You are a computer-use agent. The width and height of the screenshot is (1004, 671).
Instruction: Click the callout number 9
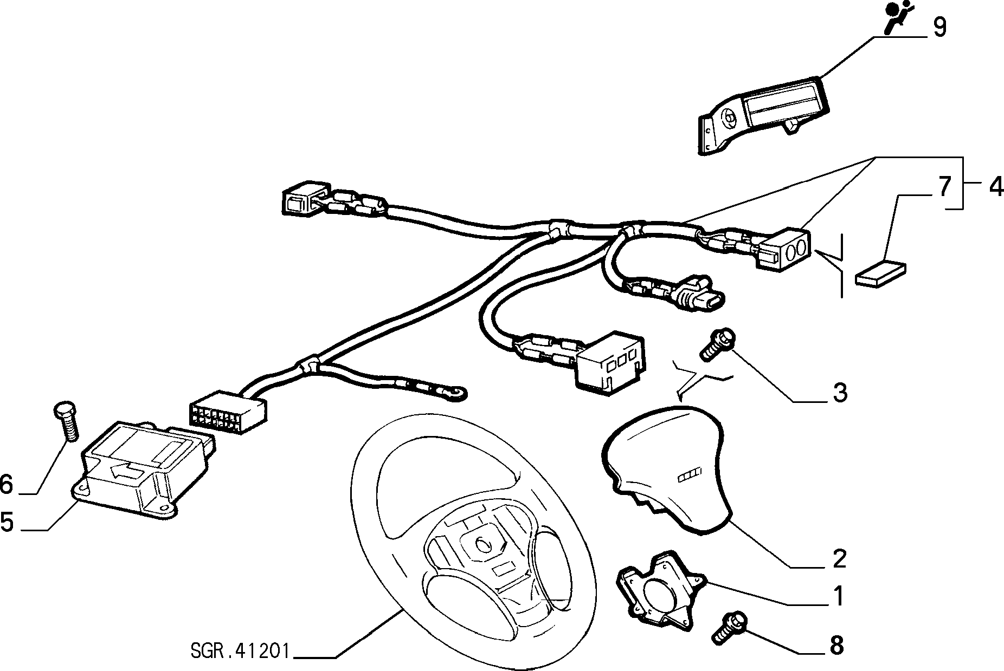click(x=939, y=27)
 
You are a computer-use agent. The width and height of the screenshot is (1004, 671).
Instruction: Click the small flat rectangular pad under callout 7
click(x=880, y=273)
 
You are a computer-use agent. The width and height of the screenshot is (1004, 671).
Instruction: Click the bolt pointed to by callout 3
click(x=717, y=344)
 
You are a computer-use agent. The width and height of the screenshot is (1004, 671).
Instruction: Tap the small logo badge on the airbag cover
click(x=688, y=475)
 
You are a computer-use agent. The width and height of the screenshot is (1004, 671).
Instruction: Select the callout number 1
click(x=838, y=596)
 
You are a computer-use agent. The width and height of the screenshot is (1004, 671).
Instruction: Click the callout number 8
click(x=837, y=645)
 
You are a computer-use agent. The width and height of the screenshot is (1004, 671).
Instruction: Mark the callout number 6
click(x=7, y=484)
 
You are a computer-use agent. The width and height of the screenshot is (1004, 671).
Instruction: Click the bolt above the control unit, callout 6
click(x=66, y=420)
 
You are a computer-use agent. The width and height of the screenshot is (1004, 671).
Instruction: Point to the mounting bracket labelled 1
click(x=660, y=591)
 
